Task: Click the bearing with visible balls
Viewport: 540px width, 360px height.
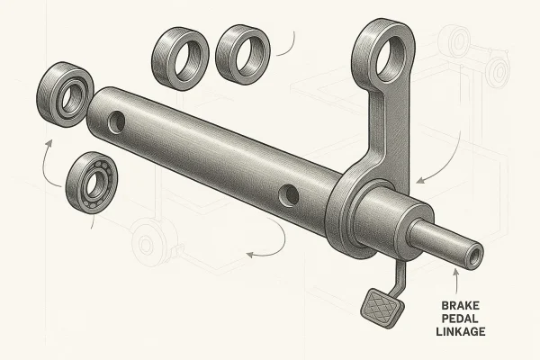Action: (92, 183)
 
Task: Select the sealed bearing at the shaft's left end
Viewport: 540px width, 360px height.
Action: (65, 94)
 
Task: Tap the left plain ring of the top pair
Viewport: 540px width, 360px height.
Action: (180, 58)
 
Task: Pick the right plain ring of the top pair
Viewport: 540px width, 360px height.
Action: (243, 54)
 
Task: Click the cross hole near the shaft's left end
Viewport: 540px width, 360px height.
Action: (116, 122)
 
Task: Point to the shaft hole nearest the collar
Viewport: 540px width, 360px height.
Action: (289, 195)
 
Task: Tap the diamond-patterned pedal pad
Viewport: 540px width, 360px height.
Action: (382, 308)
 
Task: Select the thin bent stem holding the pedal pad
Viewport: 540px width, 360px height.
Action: (400, 277)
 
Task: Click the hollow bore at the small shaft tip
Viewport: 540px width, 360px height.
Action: (475, 256)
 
